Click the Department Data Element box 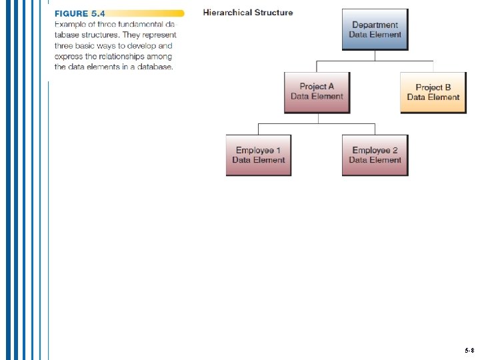coord(375,29)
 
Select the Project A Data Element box coord(317,92)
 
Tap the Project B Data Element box coord(433,93)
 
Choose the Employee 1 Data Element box coord(259,155)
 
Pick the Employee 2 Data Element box coord(375,155)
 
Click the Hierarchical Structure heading coord(248,13)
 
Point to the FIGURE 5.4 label coord(79,13)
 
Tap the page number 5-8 coord(469,350)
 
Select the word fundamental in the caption coord(138,25)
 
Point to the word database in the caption coord(155,67)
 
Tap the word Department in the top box coord(375,25)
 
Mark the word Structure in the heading coord(271,13)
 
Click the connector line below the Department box coord(375,55)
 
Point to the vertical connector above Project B coord(433,67)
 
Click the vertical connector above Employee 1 coord(259,129)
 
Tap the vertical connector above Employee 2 coord(375,129)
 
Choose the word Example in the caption coord(70,25)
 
